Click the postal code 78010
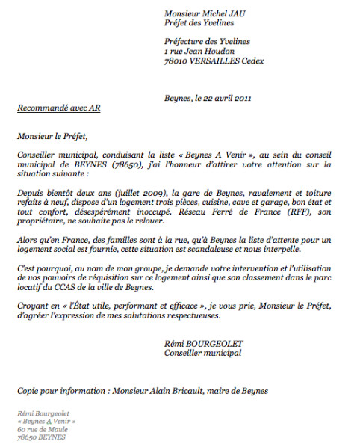click(176, 61)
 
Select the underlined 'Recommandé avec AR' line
click(58, 108)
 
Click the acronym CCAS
click(71, 287)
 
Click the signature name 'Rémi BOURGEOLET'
click(202, 343)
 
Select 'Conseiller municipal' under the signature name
click(202, 353)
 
